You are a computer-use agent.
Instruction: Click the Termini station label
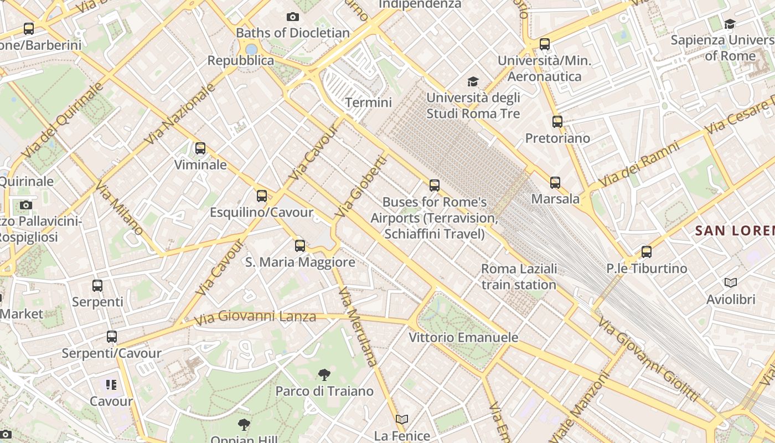click(368, 102)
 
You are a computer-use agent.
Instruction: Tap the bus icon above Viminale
click(200, 148)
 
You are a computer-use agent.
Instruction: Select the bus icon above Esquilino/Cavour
click(262, 196)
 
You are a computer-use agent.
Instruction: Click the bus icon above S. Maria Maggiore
click(300, 245)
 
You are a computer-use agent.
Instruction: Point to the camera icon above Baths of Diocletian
click(293, 17)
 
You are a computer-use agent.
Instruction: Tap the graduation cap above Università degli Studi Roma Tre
click(473, 82)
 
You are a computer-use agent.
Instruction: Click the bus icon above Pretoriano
click(557, 122)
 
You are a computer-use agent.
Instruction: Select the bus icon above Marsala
click(555, 182)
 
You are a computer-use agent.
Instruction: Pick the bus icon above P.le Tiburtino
click(647, 252)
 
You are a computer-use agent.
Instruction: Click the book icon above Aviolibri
click(731, 283)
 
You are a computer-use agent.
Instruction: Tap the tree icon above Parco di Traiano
click(324, 375)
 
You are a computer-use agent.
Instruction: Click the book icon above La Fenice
click(402, 419)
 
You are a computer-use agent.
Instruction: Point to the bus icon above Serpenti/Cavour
click(112, 337)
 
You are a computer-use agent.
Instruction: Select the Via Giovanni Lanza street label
click(255, 317)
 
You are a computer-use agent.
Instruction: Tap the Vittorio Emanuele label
click(463, 337)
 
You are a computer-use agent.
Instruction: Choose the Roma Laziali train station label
click(519, 277)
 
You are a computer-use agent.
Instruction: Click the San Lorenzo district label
click(735, 230)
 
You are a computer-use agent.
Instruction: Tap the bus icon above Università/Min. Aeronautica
click(545, 44)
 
